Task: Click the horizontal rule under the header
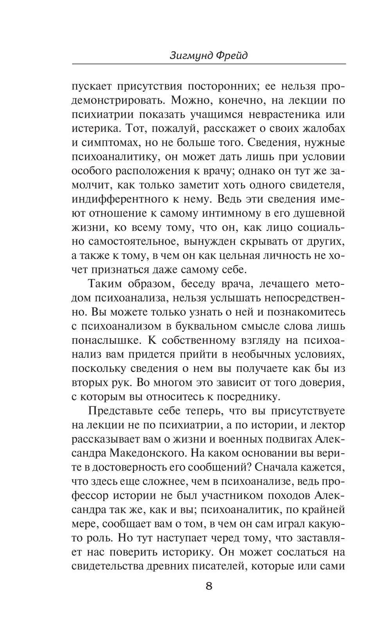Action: coord(209,64)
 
